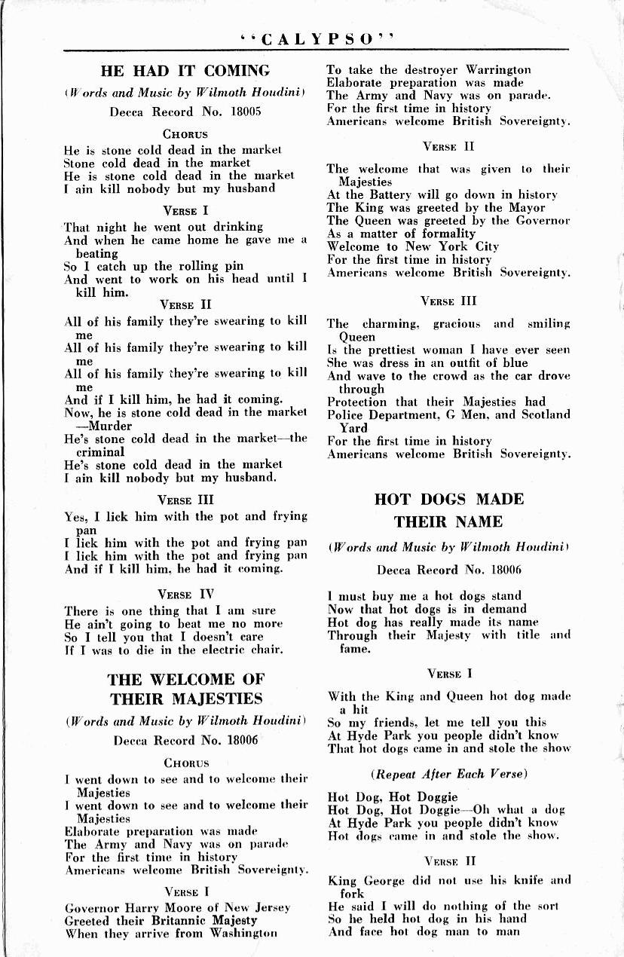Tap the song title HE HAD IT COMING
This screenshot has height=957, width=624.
coord(185,72)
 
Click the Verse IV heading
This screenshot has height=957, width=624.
coord(185,595)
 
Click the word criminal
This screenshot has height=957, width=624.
coord(99,451)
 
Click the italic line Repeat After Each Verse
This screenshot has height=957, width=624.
coord(448,774)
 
